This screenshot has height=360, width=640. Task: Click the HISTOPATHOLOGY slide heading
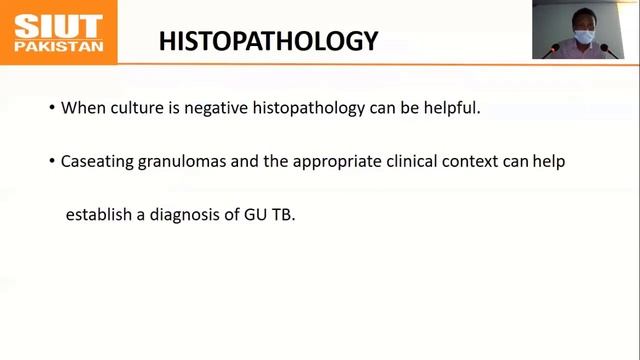pos(268,41)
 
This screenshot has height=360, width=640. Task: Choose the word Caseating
pos(97,161)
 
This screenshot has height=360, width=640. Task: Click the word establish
pos(99,214)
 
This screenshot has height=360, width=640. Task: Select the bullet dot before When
pos(52,108)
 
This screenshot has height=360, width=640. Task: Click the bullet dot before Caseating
pos(52,162)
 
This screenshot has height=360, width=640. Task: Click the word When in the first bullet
pos(81,107)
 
